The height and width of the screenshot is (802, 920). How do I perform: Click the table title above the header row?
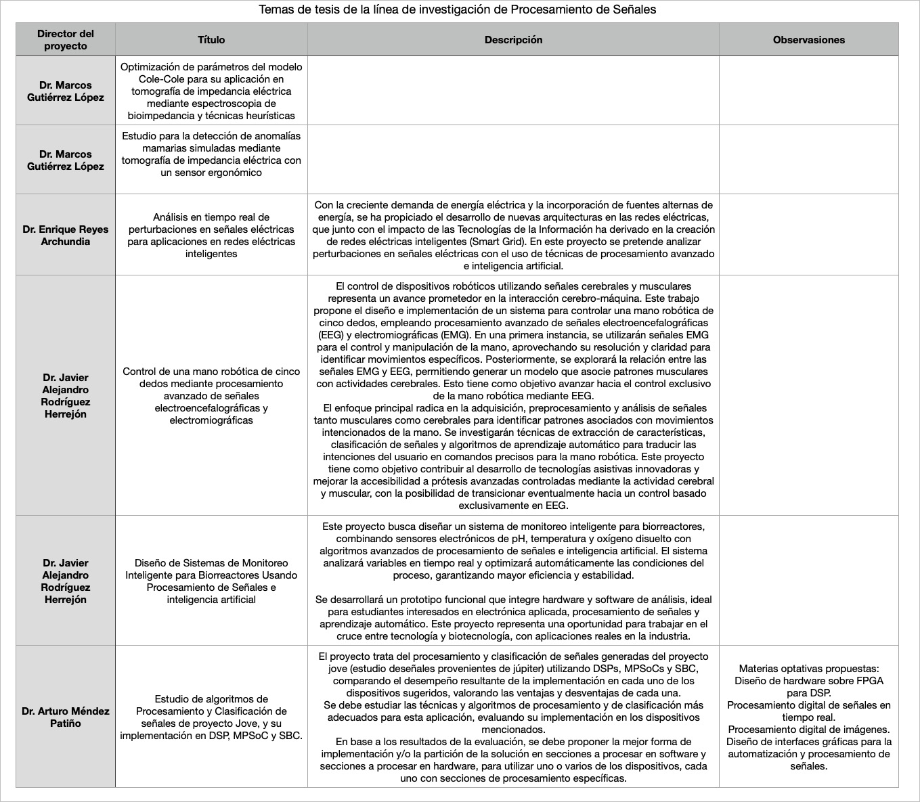pos(458,10)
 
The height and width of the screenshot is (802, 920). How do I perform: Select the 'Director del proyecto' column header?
pos(66,40)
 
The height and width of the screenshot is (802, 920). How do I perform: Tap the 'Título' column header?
pos(211,40)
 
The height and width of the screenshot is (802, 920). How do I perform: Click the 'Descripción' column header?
pos(513,40)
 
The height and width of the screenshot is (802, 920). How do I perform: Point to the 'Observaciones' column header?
pos(808,40)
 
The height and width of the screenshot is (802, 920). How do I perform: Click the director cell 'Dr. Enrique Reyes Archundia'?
pos(66,236)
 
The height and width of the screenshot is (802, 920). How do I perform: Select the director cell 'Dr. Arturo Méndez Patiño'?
pos(66,717)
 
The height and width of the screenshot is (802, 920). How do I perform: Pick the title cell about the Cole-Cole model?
pos(211,91)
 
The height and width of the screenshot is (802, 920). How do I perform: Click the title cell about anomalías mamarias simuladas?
pos(211,154)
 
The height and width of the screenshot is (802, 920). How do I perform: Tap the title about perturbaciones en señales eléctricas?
pos(211,236)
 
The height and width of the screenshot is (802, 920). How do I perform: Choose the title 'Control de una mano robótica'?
pos(211,396)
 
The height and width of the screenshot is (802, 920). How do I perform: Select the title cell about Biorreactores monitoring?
pos(211,581)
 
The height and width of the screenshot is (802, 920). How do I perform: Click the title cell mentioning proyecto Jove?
pos(211,717)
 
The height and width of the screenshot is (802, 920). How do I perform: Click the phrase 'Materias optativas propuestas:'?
pos(808,669)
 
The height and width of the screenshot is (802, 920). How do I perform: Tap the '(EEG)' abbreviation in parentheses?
pos(331,335)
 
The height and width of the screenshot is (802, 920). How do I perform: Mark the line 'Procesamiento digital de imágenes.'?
pos(808,730)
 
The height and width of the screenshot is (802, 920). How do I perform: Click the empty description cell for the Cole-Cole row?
pos(513,91)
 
